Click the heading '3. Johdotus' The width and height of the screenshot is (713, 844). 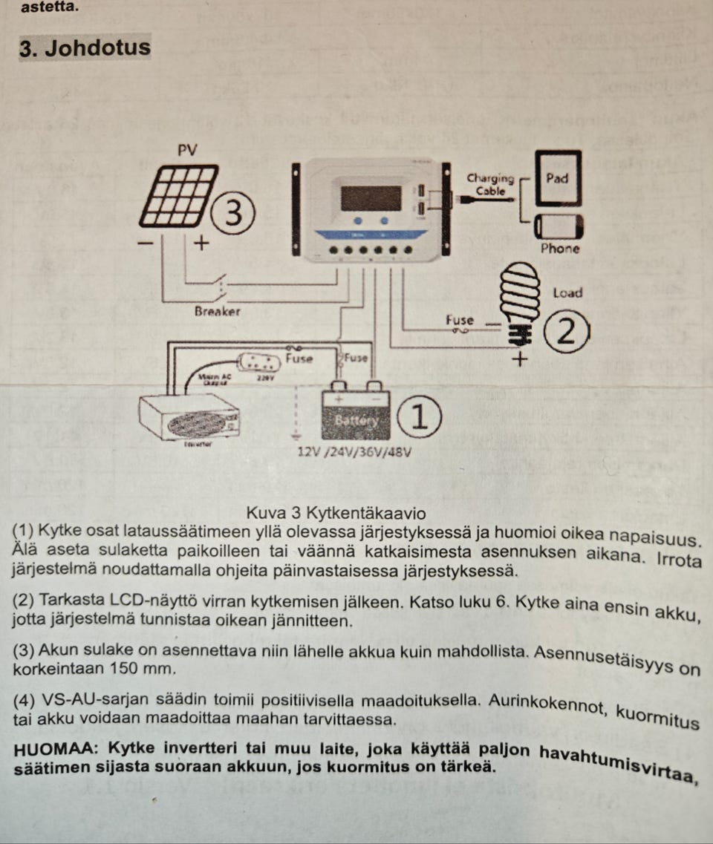[x=85, y=48]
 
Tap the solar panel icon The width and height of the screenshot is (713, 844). [x=178, y=195]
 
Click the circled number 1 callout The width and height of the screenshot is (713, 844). [x=420, y=418]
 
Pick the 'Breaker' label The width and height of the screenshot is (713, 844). [x=217, y=312]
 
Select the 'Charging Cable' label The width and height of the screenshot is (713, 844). [x=490, y=184]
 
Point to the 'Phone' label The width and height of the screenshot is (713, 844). [x=560, y=249]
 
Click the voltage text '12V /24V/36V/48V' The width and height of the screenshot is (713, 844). [x=354, y=451]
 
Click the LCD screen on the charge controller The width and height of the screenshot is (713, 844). [x=371, y=198]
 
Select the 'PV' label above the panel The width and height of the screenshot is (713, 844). [x=189, y=149]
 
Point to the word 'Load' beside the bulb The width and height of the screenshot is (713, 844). [x=567, y=293]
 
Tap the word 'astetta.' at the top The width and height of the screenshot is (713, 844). [x=49, y=7]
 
